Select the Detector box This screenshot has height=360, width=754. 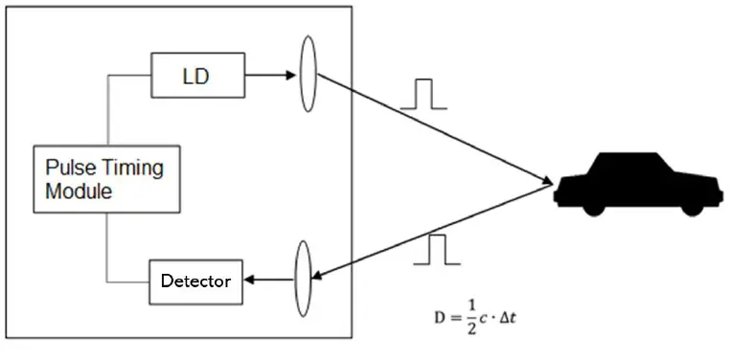[194, 281]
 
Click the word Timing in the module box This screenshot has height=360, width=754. [133, 169]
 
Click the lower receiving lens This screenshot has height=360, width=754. [305, 278]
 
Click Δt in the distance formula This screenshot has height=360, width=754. [509, 315]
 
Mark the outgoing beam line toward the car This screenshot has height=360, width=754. [431, 128]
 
